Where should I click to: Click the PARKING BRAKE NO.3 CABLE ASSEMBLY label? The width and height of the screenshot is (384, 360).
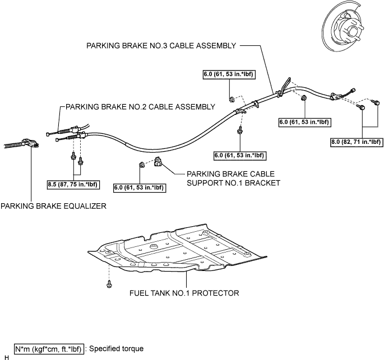[161, 46]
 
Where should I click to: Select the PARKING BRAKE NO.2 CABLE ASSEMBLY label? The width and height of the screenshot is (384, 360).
[140, 107]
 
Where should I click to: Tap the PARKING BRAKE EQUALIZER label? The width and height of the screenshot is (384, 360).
[54, 206]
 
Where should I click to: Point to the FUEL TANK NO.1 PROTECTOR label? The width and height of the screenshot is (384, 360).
[184, 293]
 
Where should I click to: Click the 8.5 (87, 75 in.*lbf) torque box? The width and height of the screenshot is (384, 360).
[73, 184]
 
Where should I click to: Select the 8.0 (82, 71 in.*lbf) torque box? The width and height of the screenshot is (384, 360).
[357, 142]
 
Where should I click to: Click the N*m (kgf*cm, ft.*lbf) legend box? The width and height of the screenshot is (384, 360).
[49, 349]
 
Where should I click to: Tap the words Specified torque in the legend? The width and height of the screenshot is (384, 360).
[117, 348]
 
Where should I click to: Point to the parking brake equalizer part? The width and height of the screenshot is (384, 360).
[21, 143]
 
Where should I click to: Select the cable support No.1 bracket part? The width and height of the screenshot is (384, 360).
[158, 162]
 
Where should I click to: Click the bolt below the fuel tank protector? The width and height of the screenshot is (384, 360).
[109, 284]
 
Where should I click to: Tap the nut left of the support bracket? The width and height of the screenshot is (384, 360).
[141, 165]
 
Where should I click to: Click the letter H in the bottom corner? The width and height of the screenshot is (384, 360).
[7, 358]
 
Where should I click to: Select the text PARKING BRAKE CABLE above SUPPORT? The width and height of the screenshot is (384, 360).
[231, 174]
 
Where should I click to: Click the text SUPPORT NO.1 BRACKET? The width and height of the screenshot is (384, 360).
[233, 183]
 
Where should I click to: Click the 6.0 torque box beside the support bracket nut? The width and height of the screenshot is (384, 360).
[140, 188]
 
